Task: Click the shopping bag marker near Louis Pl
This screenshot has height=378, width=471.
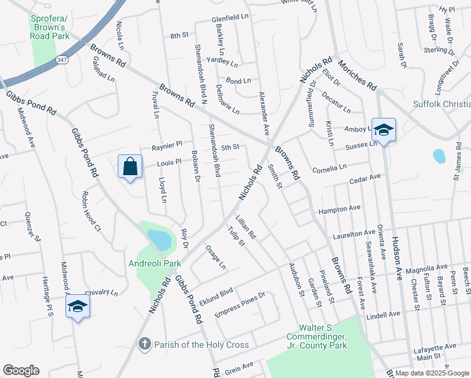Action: (x=130, y=168)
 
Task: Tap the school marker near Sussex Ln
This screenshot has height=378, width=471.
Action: (x=383, y=130)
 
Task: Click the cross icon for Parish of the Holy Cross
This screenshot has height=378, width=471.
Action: (x=144, y=345)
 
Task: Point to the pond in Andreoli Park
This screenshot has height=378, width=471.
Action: (x=159, y=239)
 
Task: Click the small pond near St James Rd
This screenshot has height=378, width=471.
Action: (x=440, y=156)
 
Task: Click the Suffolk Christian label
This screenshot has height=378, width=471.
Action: (x=441, y=104)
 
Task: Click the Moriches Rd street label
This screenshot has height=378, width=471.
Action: (x=356, y=75)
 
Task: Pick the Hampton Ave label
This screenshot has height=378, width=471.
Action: (x=339, y=208)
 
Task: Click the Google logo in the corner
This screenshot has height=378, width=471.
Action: (x=21, y=370)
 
